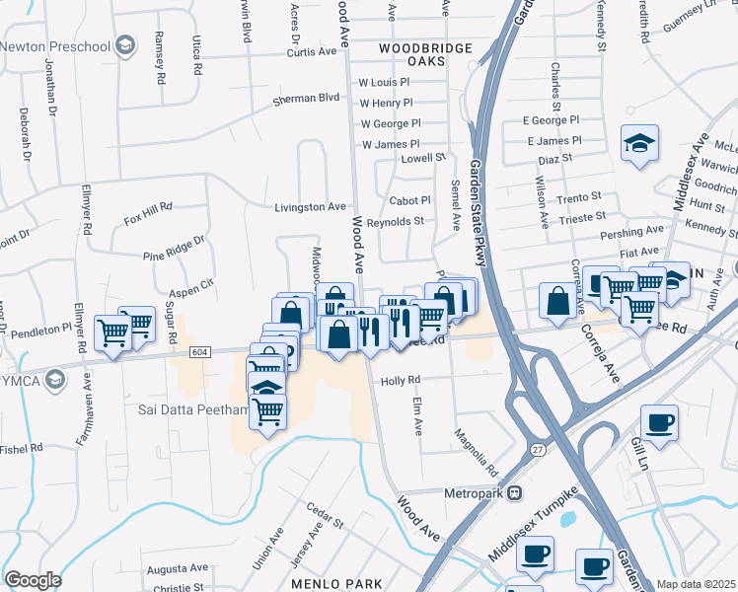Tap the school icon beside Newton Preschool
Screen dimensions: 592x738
click(x=125, y=45)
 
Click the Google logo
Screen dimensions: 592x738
click(x=33, y=580)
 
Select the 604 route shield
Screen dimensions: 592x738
click(x=200, y=352)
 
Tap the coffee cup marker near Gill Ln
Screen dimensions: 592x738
click(x=659, y=422)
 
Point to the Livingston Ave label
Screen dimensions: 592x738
click(x=310, y=207)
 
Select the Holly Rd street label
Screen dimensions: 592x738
click(x=401, y=380)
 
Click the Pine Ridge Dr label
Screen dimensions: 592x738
click(x=174, y=248)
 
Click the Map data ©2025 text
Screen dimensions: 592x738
click(x=696, y=584)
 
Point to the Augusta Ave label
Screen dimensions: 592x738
click(x=177, y=568)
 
